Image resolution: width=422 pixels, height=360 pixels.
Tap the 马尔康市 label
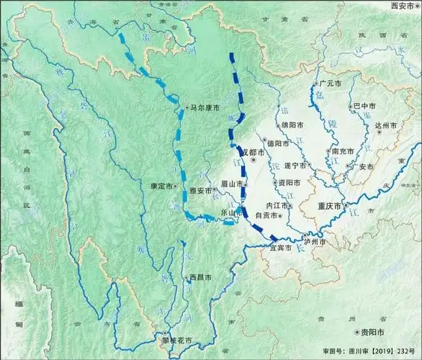pos(205,107)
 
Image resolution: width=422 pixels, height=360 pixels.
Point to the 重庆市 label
pos(333,206)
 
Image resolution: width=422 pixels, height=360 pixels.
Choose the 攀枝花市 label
pos(176,340)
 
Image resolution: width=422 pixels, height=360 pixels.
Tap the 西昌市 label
pos(199,277)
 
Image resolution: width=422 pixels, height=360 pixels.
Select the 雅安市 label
pos(201,191)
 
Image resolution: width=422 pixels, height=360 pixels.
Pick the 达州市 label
pos(387,125)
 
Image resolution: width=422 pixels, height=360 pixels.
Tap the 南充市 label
pos(343,152)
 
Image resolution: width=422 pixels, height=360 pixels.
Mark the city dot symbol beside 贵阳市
pos(357,333)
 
